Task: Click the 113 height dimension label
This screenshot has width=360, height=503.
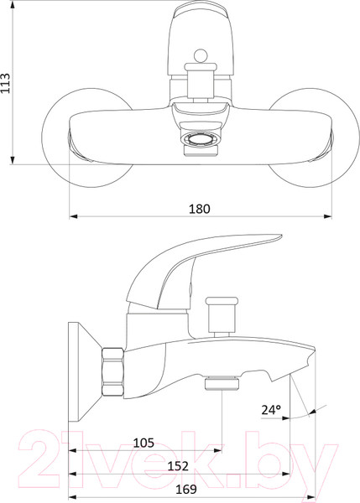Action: point(6,83)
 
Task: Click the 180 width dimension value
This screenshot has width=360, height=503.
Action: point(199,209)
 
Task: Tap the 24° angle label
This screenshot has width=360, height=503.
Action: point(271,410)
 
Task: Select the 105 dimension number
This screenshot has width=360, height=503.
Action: point(143,443)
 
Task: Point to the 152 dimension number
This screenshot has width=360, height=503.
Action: point(178,466)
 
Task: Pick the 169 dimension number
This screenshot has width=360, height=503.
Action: point(186,490)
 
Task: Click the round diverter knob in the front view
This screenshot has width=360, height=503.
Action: point(201,55)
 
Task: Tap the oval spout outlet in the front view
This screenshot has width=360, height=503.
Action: point(200,140)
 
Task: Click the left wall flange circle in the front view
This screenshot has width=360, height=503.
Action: point(87,138)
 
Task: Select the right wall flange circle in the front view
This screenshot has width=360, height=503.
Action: point(314,138)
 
